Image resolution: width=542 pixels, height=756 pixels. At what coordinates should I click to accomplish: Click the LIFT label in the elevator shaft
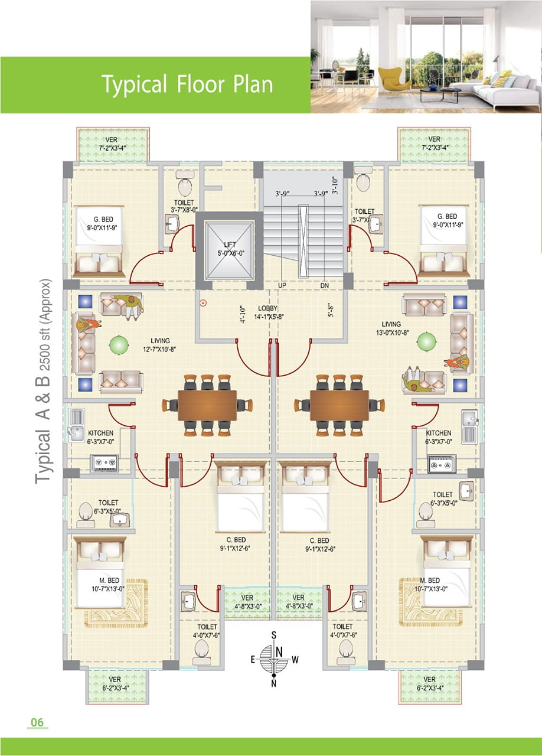click(x=230, y=245)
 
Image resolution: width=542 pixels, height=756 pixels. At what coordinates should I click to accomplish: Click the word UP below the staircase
click(x=282, y=285)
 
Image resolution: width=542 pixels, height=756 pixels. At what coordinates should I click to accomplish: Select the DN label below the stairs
click(x=325, y=286)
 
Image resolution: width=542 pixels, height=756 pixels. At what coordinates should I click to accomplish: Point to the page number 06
click(x=37, y=722)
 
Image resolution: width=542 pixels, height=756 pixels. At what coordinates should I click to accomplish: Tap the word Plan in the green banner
click(x=253, y=84)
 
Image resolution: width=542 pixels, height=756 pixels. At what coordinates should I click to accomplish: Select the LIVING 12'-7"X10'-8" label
click(x=159, y=345)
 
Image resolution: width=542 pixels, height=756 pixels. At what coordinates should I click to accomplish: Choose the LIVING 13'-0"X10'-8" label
click(x=392, y=328)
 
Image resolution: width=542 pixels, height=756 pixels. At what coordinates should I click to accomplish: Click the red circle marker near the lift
click(x=203, y=304)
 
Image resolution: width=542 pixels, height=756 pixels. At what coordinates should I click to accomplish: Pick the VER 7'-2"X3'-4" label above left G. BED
click(x=112, y=144)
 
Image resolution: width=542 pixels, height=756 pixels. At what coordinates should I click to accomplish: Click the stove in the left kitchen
click(x=104, y=462)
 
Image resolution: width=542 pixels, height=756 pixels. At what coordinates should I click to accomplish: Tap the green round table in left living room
click(x=119, y=345)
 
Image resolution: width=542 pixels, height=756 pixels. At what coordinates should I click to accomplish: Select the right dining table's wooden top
click(x=339, y=405)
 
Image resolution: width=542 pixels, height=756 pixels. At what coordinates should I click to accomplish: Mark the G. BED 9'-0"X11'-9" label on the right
click(x=448, y=220)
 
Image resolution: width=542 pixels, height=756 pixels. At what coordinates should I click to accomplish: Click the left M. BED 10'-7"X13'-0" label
click(x=108, y=585)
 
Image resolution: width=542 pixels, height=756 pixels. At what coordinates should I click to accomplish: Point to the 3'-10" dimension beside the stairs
click(x=335, y=185)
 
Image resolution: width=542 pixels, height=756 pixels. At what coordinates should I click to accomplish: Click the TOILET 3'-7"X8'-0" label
click(x=184, y=206)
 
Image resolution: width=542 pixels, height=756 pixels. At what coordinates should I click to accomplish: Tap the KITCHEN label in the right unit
click(x=439, y=433)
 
